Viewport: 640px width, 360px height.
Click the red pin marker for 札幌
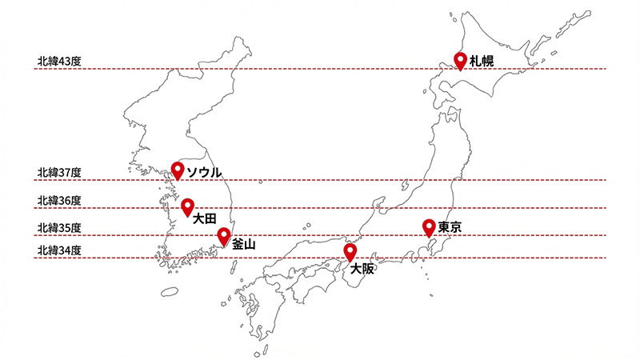pos(461,61)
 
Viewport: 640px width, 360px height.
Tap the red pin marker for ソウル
pos(178,170)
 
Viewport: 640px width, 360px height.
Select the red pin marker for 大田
pos(187,206)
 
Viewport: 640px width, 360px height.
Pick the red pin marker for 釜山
pos(224,236)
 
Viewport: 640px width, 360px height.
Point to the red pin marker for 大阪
pos(350,252)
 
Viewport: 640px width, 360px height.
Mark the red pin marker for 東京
pos(429,226)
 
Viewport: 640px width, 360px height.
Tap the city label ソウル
pos(204,172)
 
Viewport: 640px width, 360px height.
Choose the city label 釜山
pos(243,245)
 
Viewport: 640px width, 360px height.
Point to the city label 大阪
pos(362,269)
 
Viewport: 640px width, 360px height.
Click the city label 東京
pos(450,228)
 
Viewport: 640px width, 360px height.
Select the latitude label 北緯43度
pos(59,61)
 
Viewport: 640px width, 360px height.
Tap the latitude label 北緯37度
pos(59,172)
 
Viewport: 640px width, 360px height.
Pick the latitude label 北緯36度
pos(59,200)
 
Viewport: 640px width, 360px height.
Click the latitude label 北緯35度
pos(59,228)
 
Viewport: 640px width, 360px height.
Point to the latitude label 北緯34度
pos(59,251)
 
